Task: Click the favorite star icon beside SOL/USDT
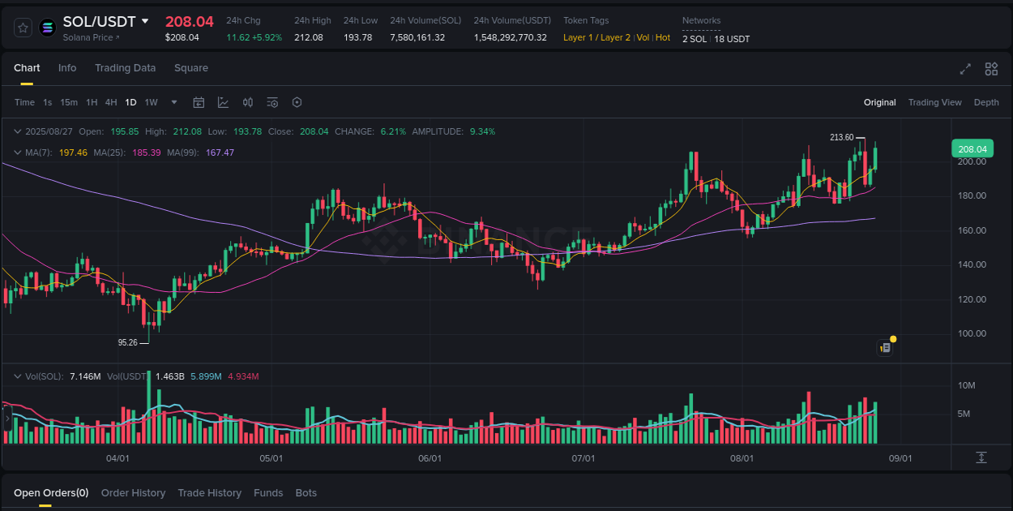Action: (24, 28)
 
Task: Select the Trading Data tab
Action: (125, 68)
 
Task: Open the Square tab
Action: (191, 68)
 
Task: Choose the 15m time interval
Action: (69, 102)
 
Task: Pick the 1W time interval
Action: (152, 102)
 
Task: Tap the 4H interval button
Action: (111, 102)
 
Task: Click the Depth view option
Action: (986, 102)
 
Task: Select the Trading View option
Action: (934, 102)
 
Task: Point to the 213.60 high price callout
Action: (842, 138)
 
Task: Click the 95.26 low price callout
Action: (128, 342)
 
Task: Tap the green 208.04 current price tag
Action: (972, 149)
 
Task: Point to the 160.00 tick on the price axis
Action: (972, 230)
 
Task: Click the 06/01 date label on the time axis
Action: (430, 458)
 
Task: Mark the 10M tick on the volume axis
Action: (966, 385)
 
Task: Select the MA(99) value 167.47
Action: (220, 152)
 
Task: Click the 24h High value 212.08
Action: (309, 37)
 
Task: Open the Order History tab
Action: (133, 493)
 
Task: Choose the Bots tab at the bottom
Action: (306, 493)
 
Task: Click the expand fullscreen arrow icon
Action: (965, 69)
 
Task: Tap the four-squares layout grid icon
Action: (991, 69)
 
